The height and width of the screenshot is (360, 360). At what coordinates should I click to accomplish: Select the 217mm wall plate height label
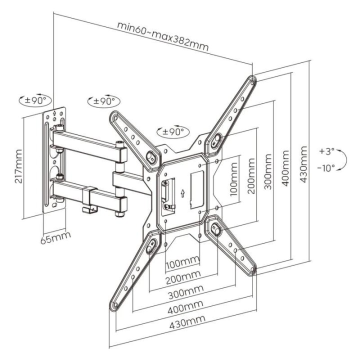[x=18, y=166]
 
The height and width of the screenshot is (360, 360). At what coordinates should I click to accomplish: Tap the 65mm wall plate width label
[x=55, y=235]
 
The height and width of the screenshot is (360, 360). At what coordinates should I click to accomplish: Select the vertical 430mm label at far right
[x=304, y=165]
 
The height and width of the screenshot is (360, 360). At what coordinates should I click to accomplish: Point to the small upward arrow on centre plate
[x=183, y=192]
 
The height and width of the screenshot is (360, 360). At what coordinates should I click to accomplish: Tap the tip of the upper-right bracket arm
[x=252, y=80]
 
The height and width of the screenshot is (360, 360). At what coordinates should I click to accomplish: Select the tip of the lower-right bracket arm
[x=253, y=270]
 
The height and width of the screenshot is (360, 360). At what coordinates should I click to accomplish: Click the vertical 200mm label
[x=251, y=176]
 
